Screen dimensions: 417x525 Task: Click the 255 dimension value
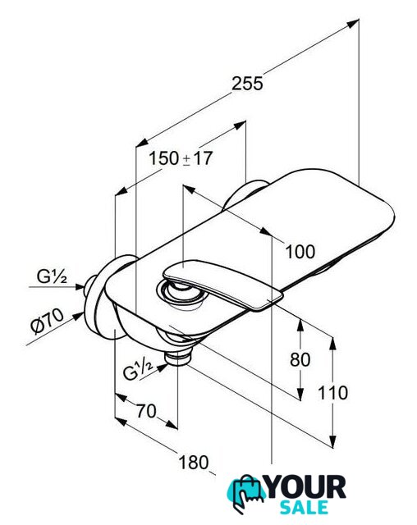tap(248, 84)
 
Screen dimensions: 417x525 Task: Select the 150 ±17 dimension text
tap(181, 158)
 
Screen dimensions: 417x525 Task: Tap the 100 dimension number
tap(300, 252)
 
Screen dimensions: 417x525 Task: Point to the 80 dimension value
tap(300, 360)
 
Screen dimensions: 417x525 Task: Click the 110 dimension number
tap(332, 393)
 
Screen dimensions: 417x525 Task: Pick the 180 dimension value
tap(194, 463)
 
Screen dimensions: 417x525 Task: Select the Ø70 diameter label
tap(48, 321)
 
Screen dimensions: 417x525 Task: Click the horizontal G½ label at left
tap(52, 277)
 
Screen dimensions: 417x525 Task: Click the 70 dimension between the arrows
tap(146, 411)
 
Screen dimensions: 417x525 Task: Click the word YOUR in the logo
tap(306, 487)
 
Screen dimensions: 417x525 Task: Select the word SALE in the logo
tap(304, 507)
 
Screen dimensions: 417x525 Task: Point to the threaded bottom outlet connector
tap(178, 358)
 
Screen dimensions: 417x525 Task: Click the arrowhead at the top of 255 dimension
tap(353, 24)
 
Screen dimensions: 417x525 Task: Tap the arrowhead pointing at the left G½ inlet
tap(80, 286)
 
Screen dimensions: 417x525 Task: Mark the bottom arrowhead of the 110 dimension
tap(332, 441)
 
